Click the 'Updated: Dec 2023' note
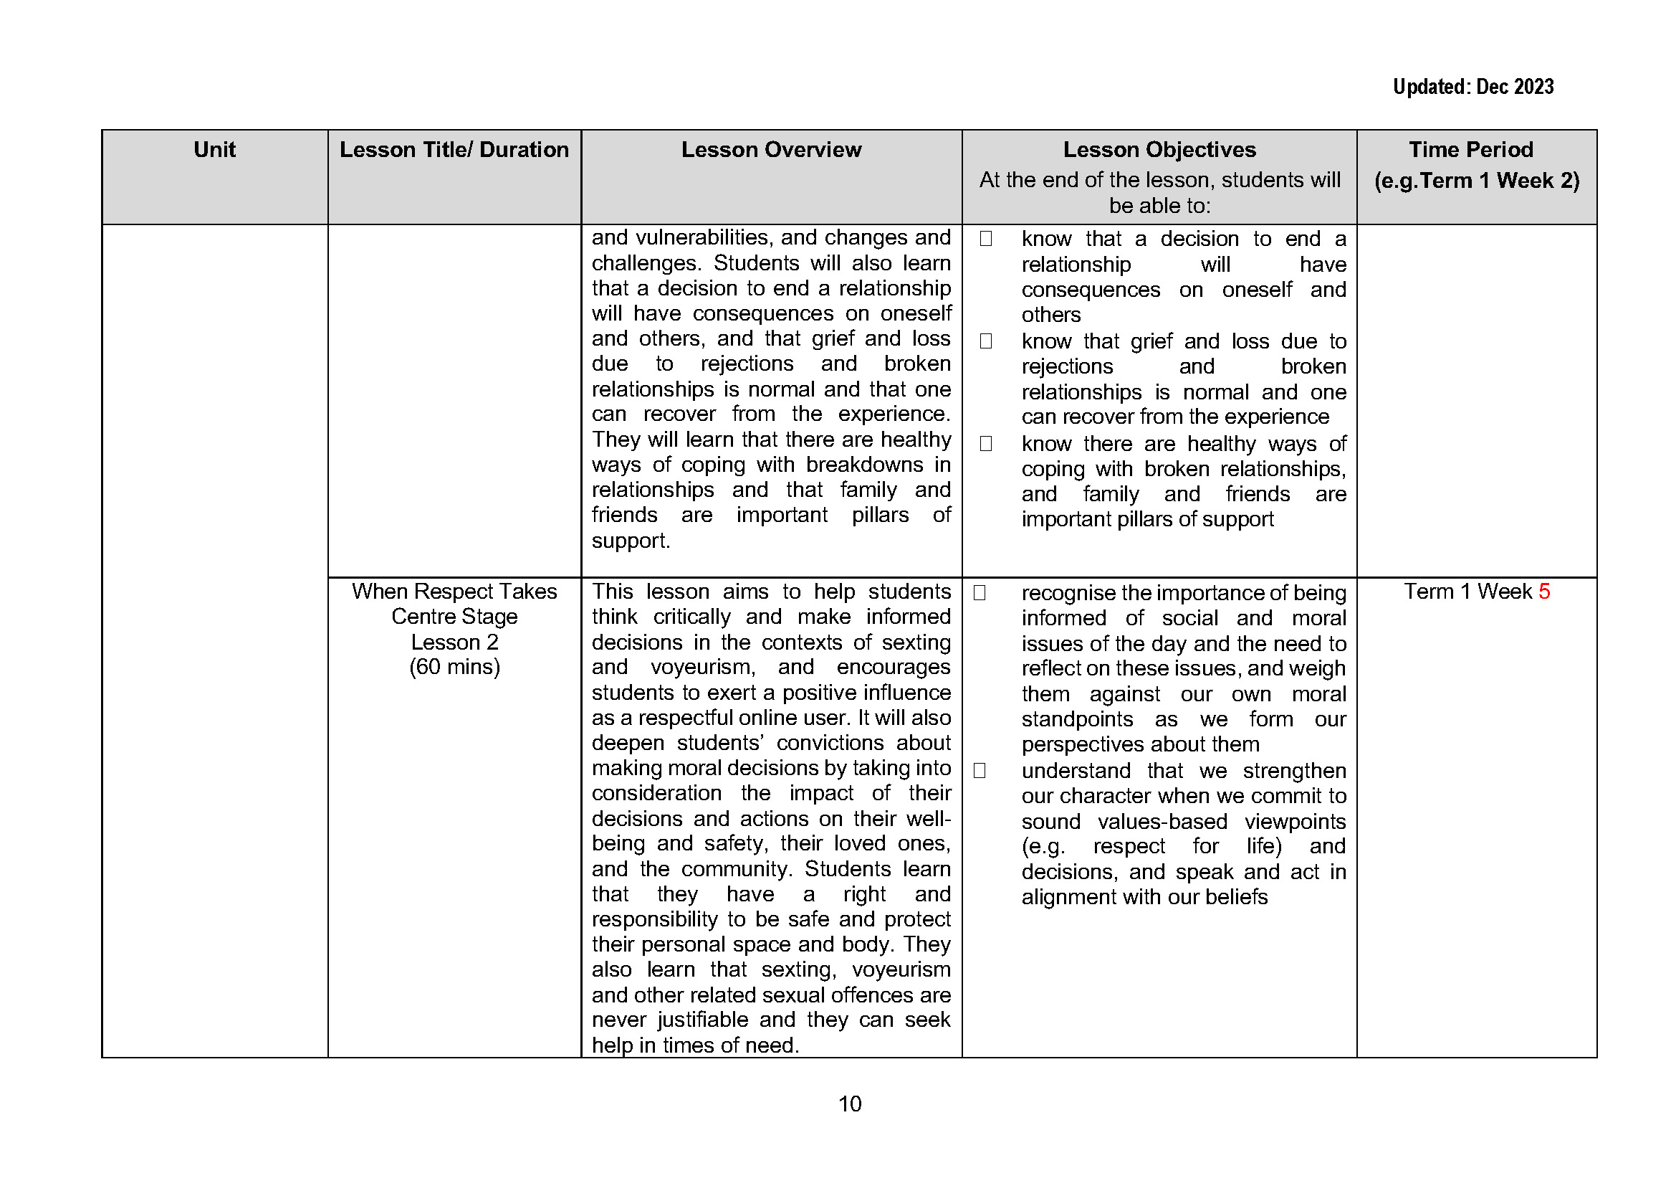pyautogui.click(x=1473, y=87)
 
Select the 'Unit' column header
pyautogui.click(x=215, y=150)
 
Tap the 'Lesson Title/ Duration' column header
pyautogui.click(x=454, y=150)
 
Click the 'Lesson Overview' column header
pyautogui.click(x=771, y=150)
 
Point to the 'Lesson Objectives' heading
pyautogui.click(x=1159, y=150)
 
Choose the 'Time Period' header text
pyautogui.click(x=1470, y=150)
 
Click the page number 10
pyautogui.click(x=850, y=1104)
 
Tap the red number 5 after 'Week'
pyautogui.click(x=1544, y=592)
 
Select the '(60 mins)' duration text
pyautogui.click(x=454, y=667)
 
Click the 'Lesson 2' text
pyautogui.click(x=454, y=642)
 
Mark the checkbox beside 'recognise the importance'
pyautogui.click(x=980, y=593)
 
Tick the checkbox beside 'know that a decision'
pyautogui.click(x=985, y=239)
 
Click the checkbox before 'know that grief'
pyautogui.click(x=985, y=341)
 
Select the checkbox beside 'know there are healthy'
pyautogui.click(x=985, y=444)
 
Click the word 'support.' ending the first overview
pyautogui.click(x=631, y=541)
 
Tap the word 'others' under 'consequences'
pyautogui.click(x=1050, y=315)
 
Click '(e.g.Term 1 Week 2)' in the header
pyautogui.click(x=1476, y=181)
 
